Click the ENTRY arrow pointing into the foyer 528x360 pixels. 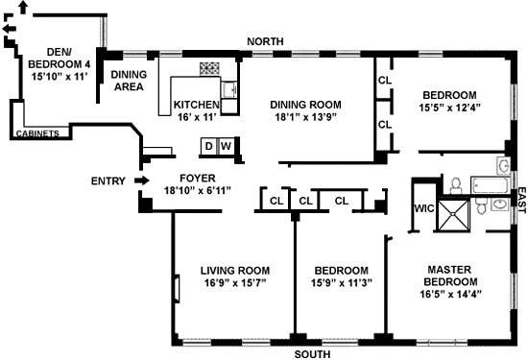tap(142, 180)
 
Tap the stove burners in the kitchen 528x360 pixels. tap(209, 68)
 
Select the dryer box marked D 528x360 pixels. tap(208, 146)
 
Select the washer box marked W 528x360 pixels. tap(227, 146)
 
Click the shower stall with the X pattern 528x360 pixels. tap(453, 215)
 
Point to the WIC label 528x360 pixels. tap(424, 208)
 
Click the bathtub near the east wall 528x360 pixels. tap(490, 185)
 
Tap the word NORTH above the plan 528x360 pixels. tap(265, 41)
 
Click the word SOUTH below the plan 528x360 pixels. tap(313, 354)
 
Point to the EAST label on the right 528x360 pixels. tap(521, 201)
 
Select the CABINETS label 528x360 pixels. tap(37, 133)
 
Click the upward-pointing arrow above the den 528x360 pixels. tap(23, 8)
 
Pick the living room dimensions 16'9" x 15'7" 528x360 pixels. tap(235, 283)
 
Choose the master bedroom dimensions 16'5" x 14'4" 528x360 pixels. tap(450, 294)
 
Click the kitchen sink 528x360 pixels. tap(229, 89)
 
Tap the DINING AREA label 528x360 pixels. tap(129, 81)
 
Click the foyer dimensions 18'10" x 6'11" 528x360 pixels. tap(198, 191)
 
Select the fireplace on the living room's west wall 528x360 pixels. tap(177, 288)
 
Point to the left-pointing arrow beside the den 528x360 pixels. tap(10, 29)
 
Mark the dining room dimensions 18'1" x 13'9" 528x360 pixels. tap(305, 117)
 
